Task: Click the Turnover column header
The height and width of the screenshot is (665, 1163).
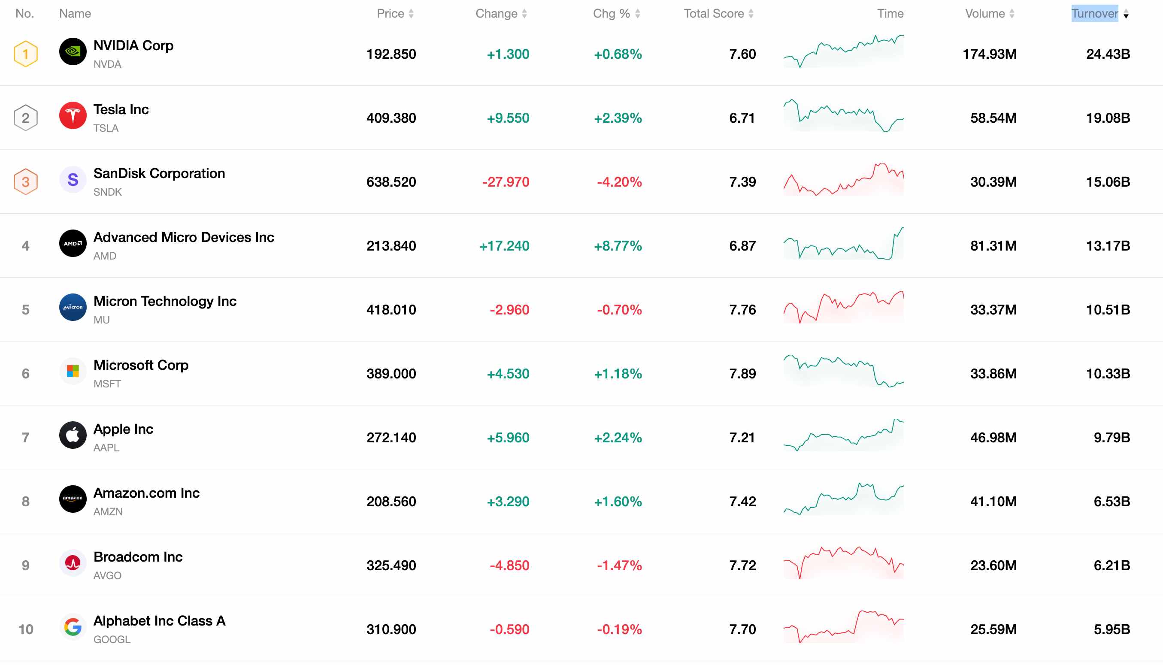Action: point(1094,14)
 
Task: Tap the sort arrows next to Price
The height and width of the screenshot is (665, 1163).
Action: point(411,14)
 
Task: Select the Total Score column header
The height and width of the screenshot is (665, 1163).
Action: point(714,14)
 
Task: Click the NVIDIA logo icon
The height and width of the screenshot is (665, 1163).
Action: point(73,51)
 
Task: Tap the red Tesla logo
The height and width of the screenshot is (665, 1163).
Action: point(73,115)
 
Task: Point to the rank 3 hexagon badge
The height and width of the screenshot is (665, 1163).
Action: point(26,182)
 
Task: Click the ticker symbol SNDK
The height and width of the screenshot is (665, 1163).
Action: point(108,192)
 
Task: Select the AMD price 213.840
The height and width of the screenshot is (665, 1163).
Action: point(391,246)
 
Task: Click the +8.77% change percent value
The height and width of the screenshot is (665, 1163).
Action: point(618,246)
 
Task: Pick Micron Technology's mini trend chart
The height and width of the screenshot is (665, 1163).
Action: point(843,307)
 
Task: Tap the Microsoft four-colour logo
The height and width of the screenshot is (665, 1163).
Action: point(73,371)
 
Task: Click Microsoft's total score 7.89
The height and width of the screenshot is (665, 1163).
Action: point(742,374)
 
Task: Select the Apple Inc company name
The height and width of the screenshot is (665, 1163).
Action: point(123,429)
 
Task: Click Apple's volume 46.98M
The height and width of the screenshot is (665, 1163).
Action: point(993,438)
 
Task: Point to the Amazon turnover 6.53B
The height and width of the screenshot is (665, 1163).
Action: point(1112,502)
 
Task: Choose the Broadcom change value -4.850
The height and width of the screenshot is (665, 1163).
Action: point(509,565)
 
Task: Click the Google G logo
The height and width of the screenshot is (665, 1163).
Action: point(73,627)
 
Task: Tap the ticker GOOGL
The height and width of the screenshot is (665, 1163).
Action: point(112,639)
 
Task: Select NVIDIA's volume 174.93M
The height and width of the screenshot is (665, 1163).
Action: point(990,54)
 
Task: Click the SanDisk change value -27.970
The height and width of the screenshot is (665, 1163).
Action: point(506,182)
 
